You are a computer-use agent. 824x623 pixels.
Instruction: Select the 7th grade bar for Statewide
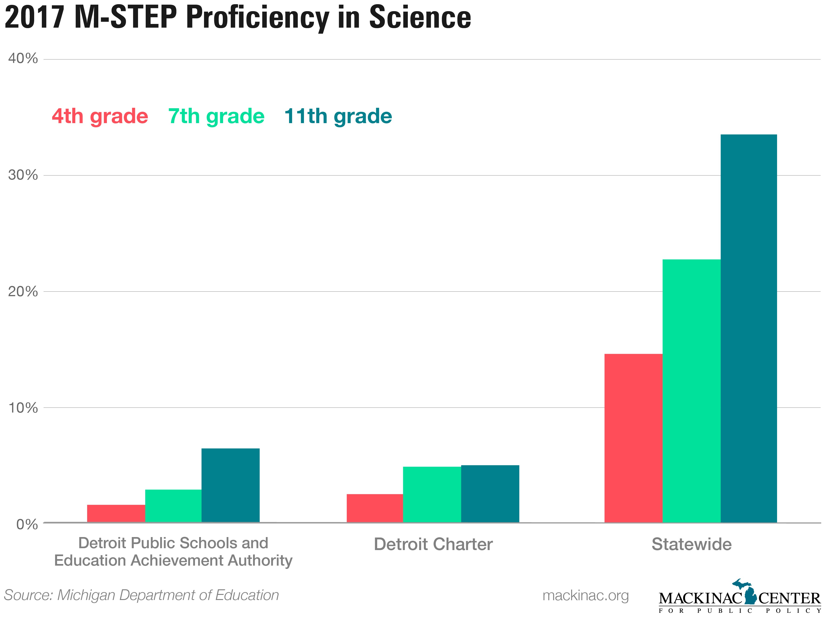691,391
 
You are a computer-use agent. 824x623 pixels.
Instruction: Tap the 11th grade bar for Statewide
749,328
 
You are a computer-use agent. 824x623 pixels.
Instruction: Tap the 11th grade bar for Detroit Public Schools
231,485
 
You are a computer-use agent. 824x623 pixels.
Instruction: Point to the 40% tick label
23,59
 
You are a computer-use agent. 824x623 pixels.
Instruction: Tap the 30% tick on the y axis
23,175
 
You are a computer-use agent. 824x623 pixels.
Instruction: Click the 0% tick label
27,524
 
